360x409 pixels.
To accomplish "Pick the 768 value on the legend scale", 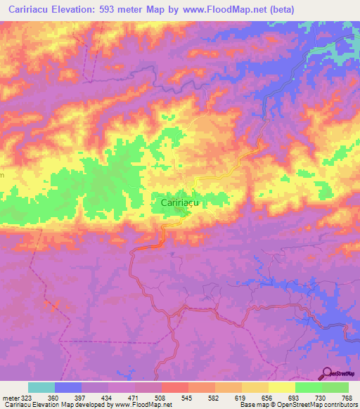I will click(347, 397).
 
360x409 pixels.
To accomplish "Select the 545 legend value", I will click(187, 397).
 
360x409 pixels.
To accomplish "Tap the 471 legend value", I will click(134, 397).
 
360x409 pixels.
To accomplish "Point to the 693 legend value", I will click(294, 397).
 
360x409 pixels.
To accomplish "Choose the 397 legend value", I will click(81, 397).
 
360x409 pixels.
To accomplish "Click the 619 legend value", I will click(240, 397).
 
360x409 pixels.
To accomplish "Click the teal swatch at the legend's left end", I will click(41, 387).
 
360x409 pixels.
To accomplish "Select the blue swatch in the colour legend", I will click(68, 387).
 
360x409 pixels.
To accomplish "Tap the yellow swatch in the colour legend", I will click(281, 387).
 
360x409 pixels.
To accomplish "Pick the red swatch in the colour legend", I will click(174, 387).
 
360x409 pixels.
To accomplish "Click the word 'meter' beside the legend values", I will click(9, 397).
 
